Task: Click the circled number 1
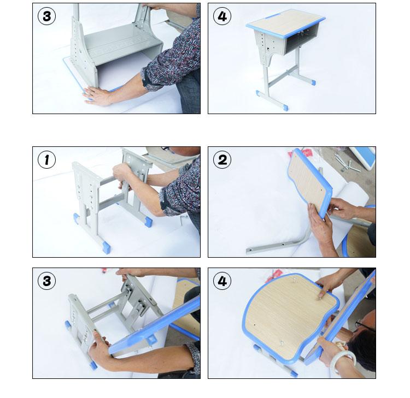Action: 46,159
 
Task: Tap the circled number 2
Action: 222,159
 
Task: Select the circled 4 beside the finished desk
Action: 222,16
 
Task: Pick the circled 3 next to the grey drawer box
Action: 46,16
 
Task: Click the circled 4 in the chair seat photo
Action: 222,281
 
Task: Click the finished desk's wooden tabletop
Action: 285,23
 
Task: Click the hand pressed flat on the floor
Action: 96,96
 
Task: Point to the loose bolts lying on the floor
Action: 347,162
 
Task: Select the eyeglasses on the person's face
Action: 364,325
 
